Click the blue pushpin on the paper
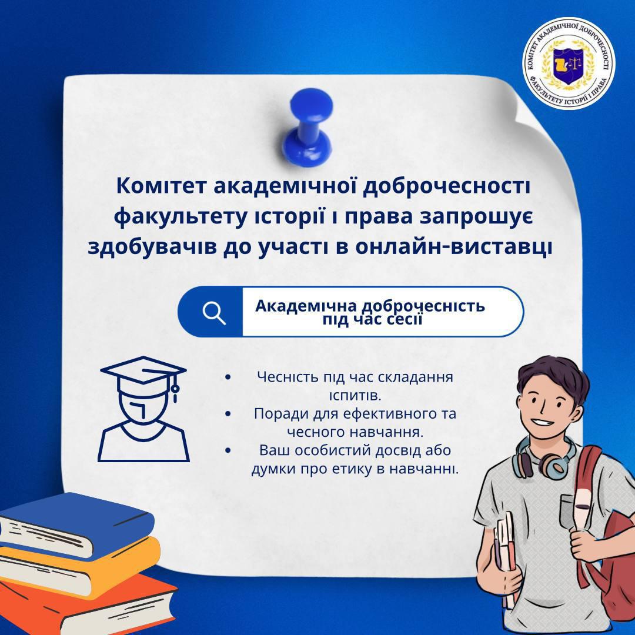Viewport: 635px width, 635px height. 311,126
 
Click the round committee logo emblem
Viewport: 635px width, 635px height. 568,63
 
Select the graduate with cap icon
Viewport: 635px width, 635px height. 143,409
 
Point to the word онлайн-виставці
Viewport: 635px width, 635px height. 453,248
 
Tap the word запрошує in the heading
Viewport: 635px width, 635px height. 476,217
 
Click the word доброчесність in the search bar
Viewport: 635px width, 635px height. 423,305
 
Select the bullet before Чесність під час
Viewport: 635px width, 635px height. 228,377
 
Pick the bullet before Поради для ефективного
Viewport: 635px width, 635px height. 228,413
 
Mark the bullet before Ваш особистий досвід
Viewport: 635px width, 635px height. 228,450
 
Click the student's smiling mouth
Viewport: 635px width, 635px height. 543,422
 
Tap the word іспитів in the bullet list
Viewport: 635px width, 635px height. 355,395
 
